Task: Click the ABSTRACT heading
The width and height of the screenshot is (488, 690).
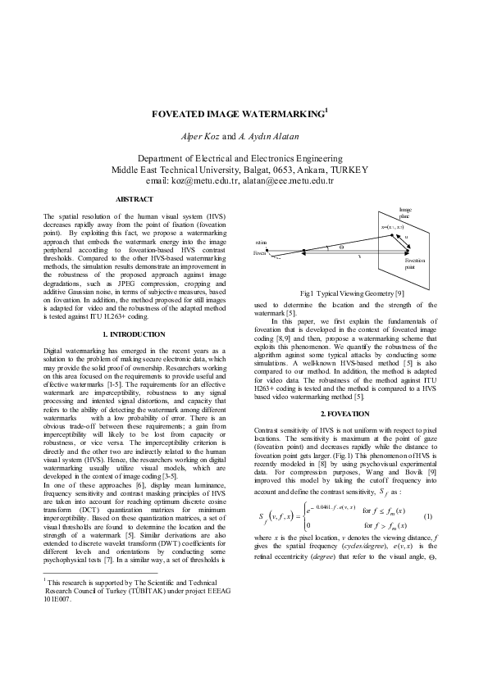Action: tap(133, 199)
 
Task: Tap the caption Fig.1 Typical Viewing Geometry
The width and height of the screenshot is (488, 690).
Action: tap(352, 293)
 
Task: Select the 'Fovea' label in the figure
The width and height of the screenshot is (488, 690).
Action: tap(260, 255)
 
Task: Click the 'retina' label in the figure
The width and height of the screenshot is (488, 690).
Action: tap(261, 243)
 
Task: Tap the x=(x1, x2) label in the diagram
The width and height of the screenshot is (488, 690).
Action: tap(392, 226)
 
